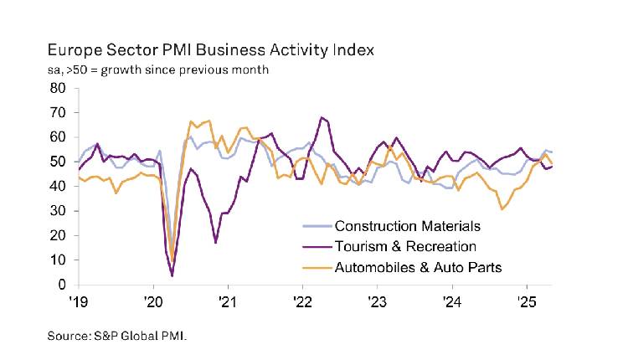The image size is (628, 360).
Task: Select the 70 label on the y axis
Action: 58,112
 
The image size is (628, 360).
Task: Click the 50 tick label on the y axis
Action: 58,162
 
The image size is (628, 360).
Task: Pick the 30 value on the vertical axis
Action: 58,211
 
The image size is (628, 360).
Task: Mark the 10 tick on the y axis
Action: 58,260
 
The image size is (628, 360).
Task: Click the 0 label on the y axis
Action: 62,285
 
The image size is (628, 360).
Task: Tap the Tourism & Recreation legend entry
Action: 405,246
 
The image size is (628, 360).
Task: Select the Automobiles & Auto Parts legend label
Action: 424,267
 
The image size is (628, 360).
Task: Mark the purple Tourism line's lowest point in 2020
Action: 172,275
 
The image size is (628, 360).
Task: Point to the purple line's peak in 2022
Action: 322,117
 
